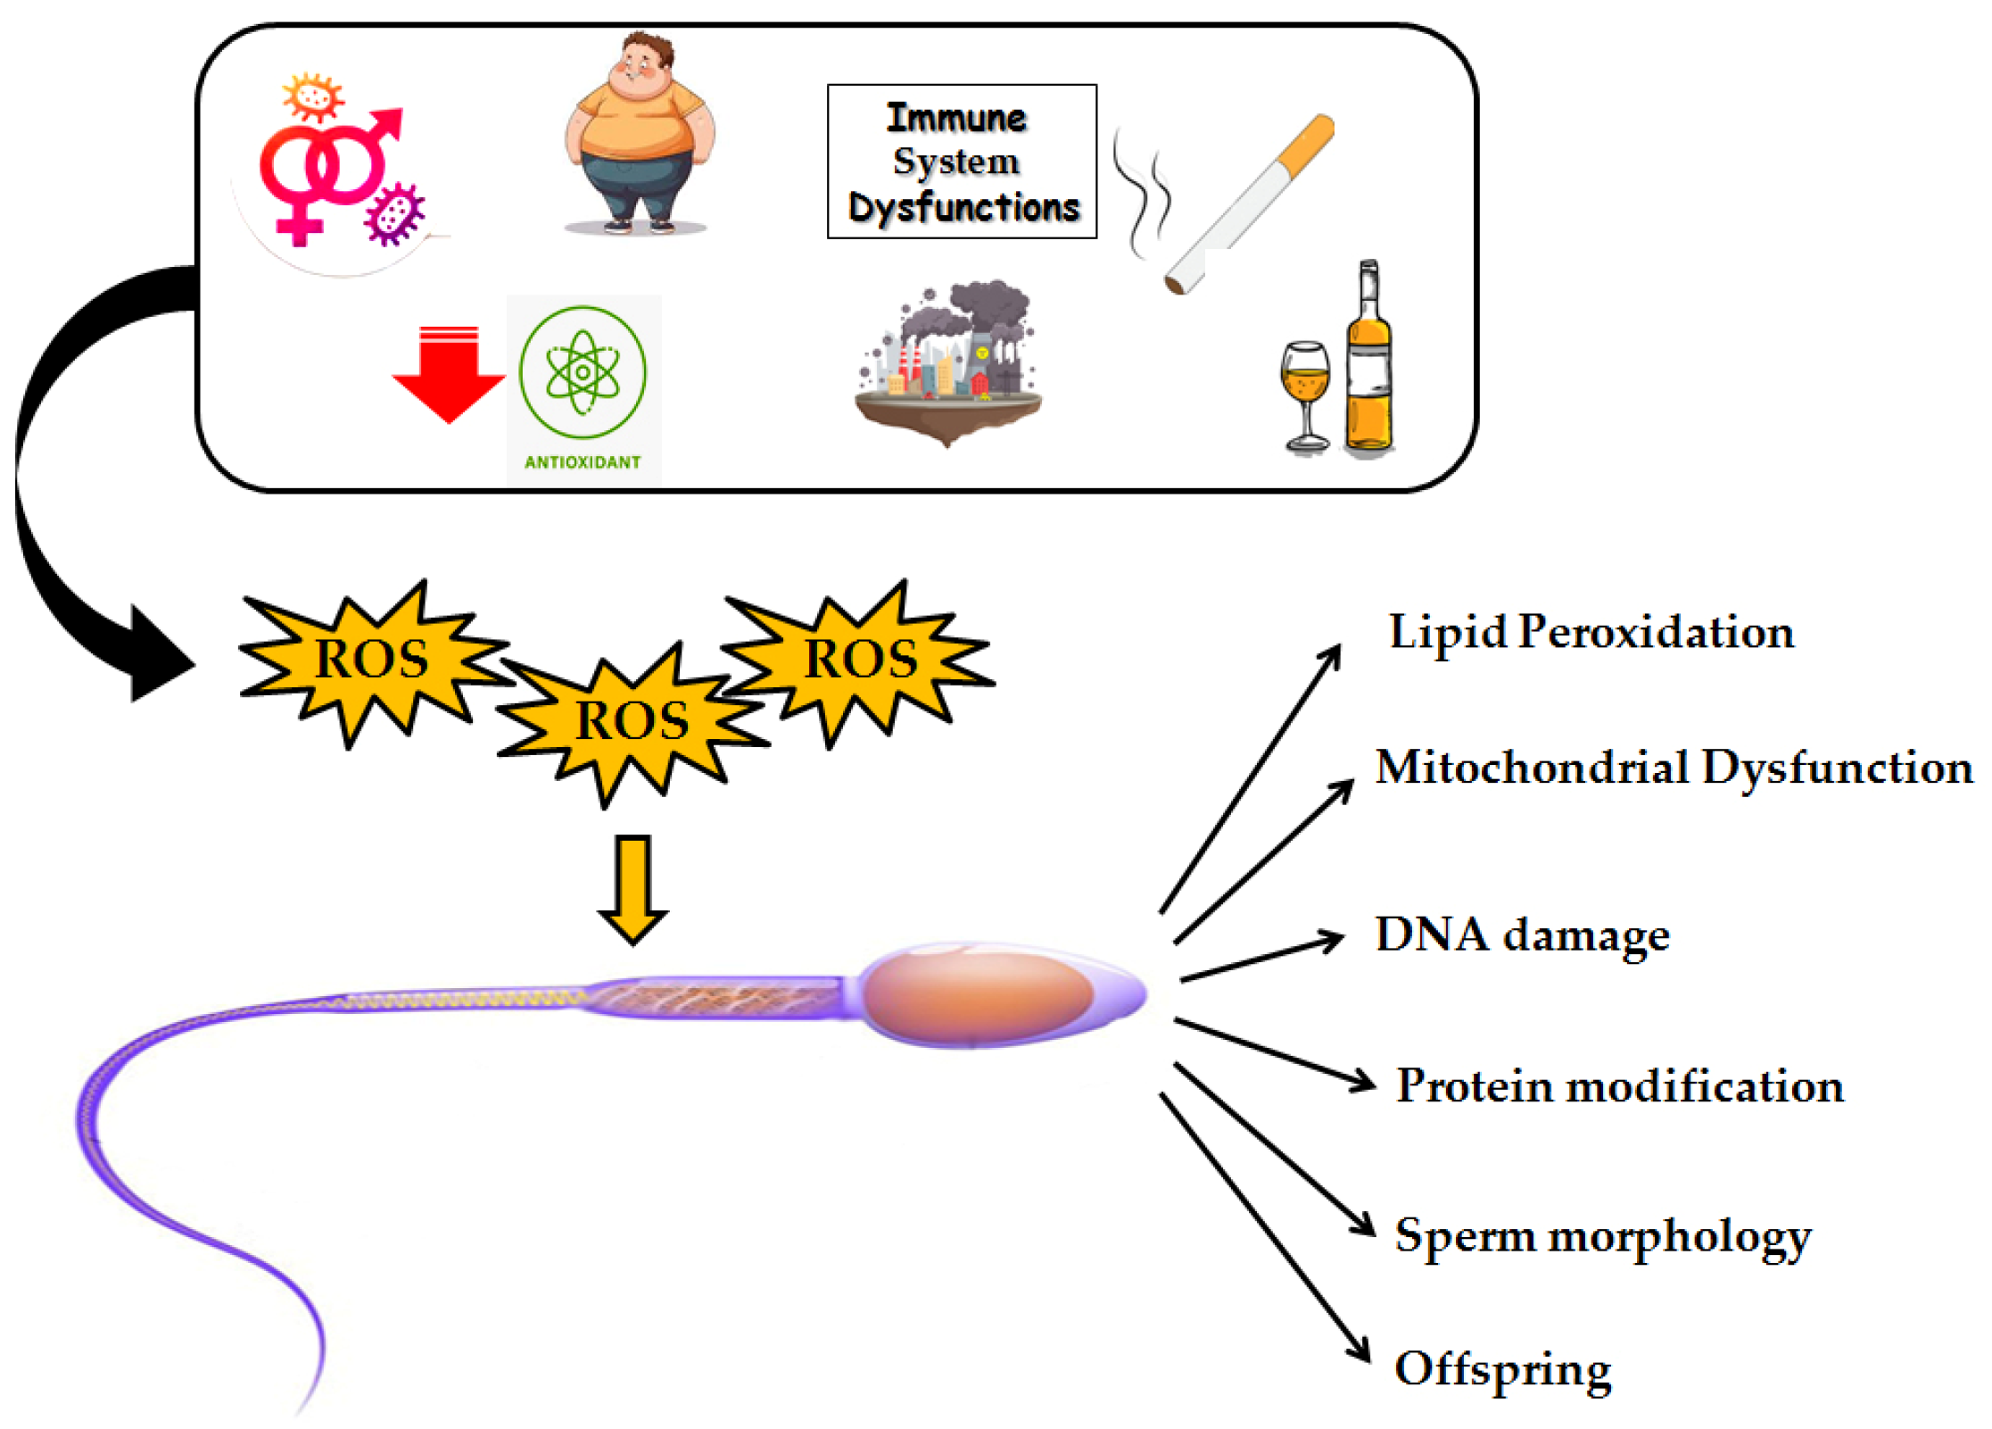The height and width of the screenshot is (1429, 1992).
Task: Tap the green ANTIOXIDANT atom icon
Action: [x=583, y=373]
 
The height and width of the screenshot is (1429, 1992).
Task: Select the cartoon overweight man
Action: [x=639, y=134]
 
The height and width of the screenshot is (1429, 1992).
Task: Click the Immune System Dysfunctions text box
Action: [x=962, y=162]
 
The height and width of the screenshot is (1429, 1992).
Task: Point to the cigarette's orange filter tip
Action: [x=1306, y=142]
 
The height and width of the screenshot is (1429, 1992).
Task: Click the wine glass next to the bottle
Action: [x=1306, y=393]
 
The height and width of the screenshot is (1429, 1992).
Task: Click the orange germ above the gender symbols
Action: [x=312, y=96]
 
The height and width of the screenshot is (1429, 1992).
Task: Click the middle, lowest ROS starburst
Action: [x=632, y=721]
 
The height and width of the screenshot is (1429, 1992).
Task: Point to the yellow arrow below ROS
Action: [x=633, y=888]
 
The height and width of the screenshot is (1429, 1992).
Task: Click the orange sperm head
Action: [x=978, y=995]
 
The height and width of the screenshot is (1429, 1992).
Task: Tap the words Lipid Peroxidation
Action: [x=1591, y=632]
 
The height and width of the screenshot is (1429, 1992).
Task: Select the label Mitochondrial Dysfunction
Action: [x=1674, y=768]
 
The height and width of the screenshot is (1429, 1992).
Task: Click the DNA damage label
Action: [x=1522, y=935]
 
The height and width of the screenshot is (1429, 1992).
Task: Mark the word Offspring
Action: [x=1502, y=1369]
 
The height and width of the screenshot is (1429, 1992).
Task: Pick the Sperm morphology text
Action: [x=1602, y=1236]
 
